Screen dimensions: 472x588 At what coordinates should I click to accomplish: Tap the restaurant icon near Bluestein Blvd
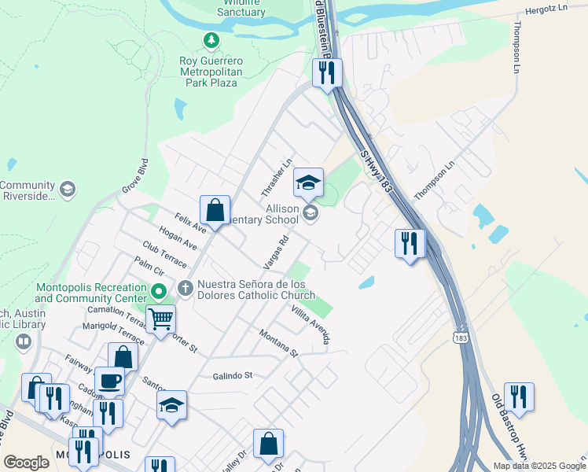point(327,73)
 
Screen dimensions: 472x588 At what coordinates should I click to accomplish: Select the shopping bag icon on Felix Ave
point(215,210)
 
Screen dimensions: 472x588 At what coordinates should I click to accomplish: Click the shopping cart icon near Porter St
point(160,319)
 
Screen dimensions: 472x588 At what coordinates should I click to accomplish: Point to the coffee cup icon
point(109,381)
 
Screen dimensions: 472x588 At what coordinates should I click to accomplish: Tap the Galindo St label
point(232,376)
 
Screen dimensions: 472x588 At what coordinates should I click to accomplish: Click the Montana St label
point(279,343)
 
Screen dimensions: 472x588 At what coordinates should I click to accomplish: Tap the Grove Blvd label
point(134,177)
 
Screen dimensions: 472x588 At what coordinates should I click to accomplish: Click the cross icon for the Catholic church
point(186,288)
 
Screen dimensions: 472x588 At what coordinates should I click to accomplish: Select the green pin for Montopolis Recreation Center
point(159,293)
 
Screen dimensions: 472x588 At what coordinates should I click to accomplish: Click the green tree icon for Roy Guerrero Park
point(210,39)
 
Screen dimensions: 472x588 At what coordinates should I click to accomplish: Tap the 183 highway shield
point(464,337)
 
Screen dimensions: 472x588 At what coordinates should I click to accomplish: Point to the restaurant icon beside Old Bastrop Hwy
point(519,396)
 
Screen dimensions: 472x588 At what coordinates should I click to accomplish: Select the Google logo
point(26,463)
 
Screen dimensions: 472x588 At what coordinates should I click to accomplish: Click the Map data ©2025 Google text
point(538,466)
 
